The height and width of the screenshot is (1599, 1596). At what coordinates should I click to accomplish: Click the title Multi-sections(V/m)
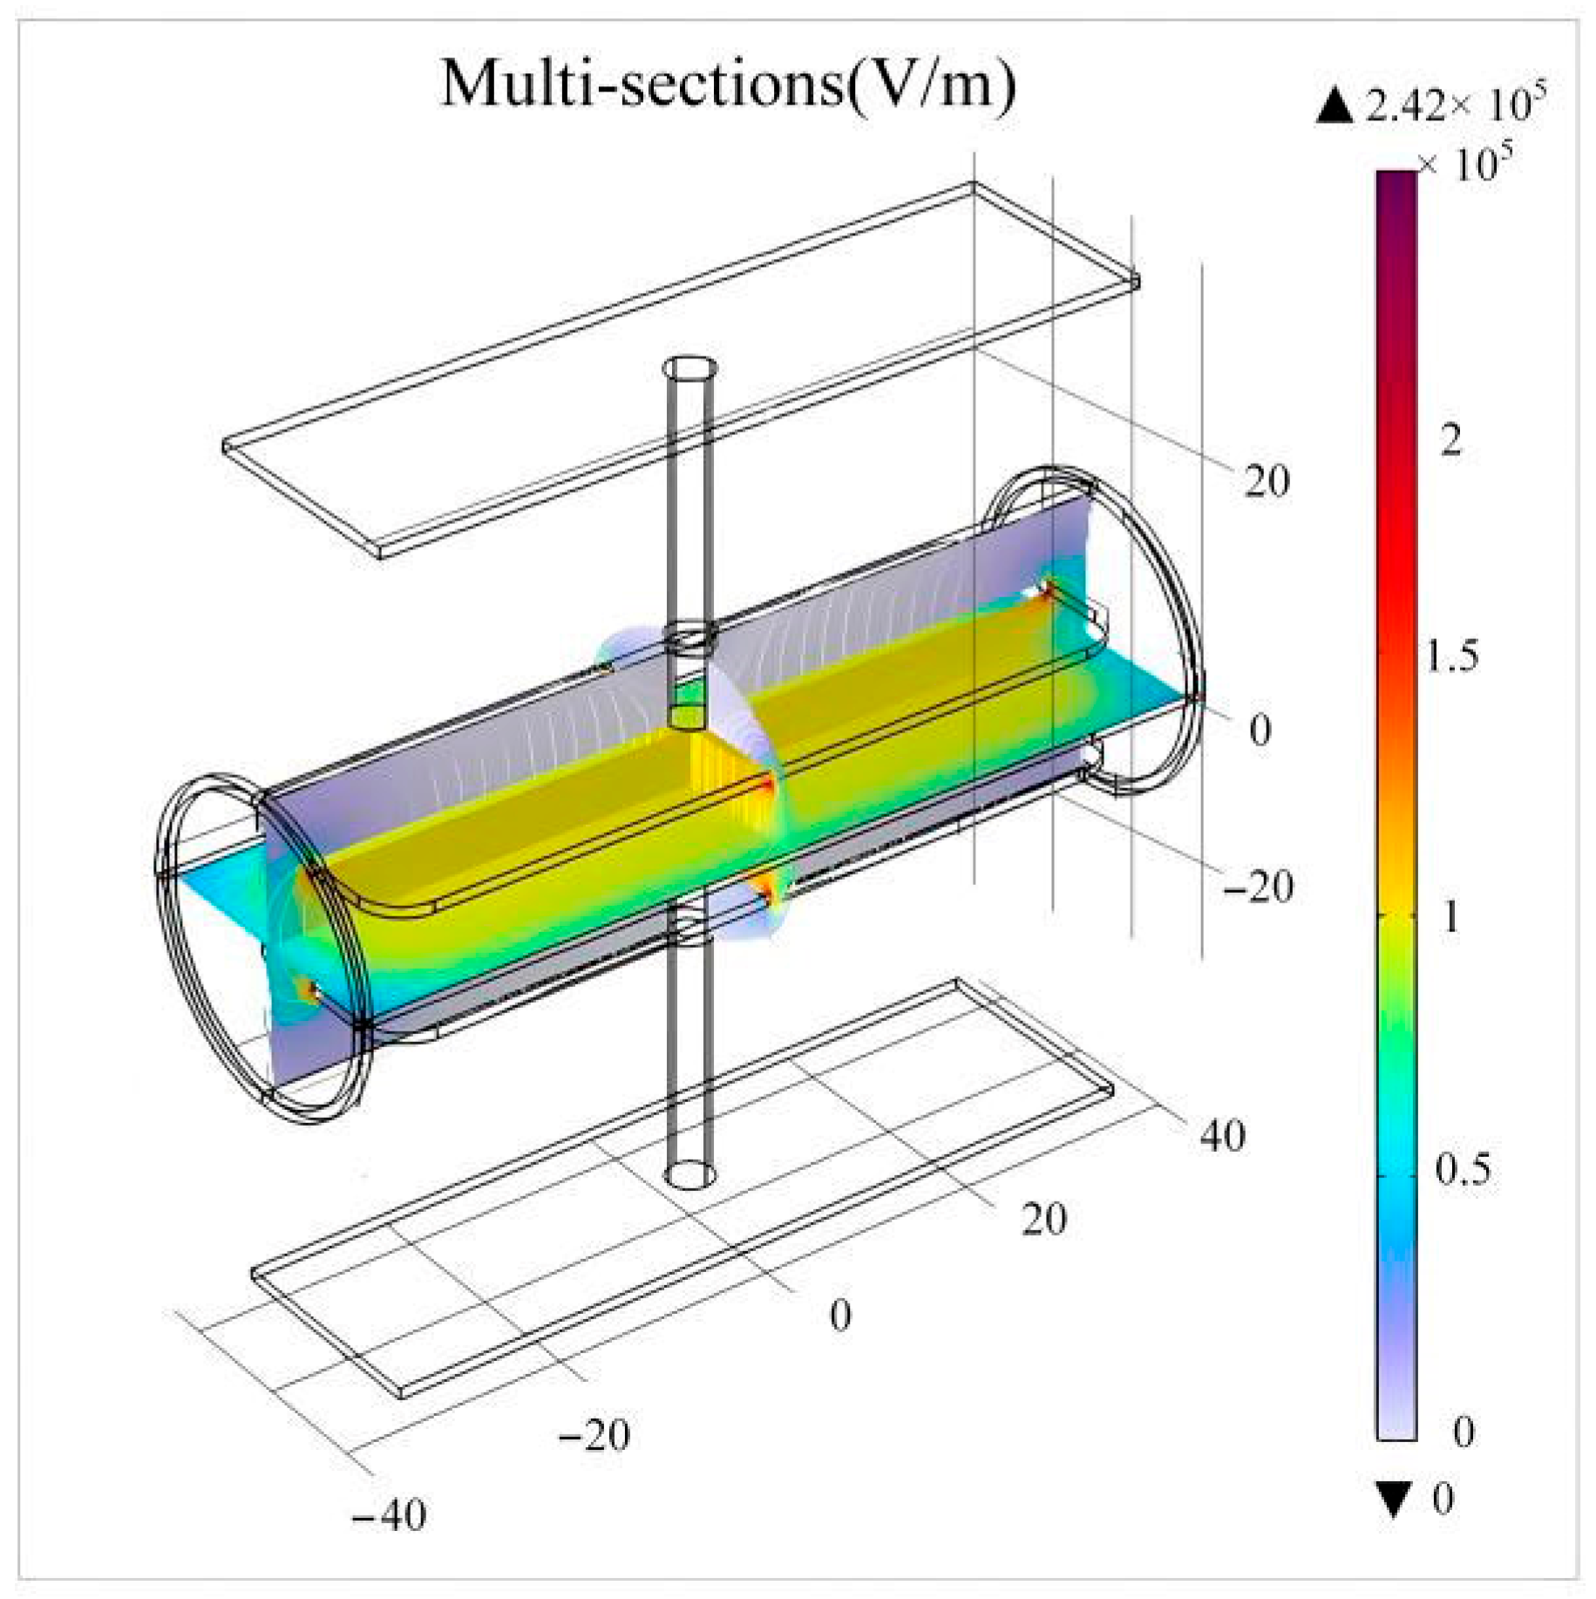point(728,85)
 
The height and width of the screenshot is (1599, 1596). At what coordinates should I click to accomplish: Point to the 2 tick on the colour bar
point(1450,441)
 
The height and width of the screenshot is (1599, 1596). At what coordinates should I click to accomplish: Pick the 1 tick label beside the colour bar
point(1450,916)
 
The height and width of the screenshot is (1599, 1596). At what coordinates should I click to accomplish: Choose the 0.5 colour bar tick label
point(1464,1169)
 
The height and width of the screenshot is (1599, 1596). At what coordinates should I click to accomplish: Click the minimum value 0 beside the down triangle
point(1443,1498)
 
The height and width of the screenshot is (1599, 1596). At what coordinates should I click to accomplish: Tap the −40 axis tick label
point(389,1515)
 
